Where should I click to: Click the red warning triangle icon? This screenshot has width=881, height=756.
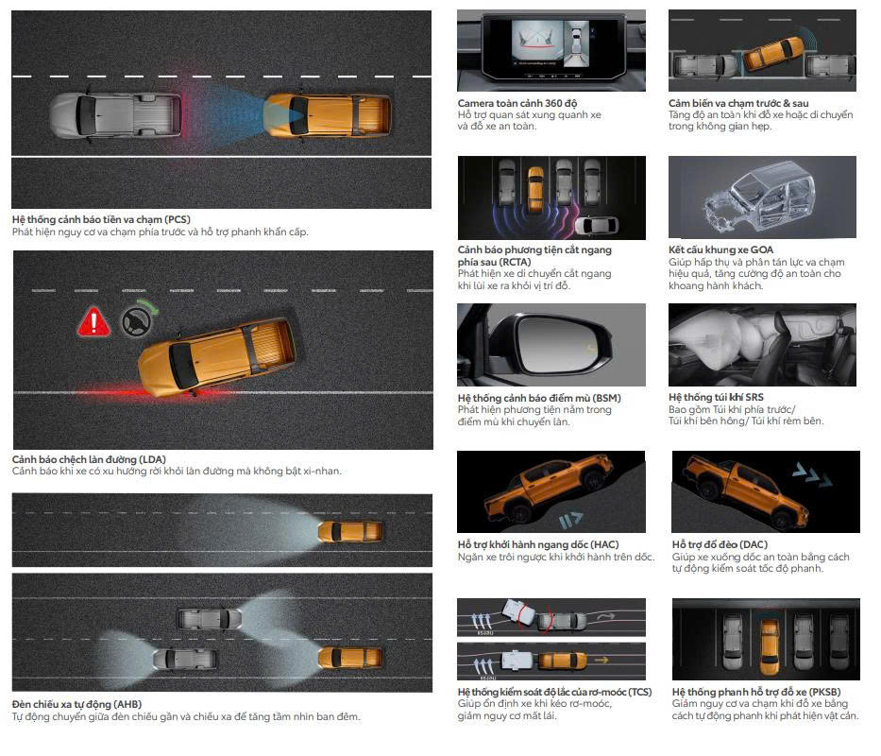click(x=93, y=321)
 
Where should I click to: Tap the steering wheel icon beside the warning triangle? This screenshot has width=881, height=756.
click(x=137, y=322)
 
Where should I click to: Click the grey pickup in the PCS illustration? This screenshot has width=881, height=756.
click(x=116, y=115)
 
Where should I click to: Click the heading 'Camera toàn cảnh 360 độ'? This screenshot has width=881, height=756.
click(x=517, y=104)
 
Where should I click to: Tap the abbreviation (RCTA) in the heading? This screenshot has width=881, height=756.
click(x=514, y=262)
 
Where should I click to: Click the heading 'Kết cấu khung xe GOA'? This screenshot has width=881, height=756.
click(x=720, y=249)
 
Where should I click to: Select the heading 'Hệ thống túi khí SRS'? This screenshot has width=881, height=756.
click(x=716, y=397)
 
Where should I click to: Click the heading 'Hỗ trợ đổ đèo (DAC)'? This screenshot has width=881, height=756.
click(x=720, y=544)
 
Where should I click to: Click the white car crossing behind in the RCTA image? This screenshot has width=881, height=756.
click(x=596, y=225)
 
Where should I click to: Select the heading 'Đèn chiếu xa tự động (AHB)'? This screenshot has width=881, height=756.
click(x=77, y=704)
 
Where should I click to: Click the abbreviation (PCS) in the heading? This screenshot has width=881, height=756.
click(x=178, y=219)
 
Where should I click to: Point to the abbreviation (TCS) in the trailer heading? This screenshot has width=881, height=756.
click(x=639, y=692)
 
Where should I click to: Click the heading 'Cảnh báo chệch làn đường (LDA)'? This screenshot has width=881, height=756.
click(x=89, y=459)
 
